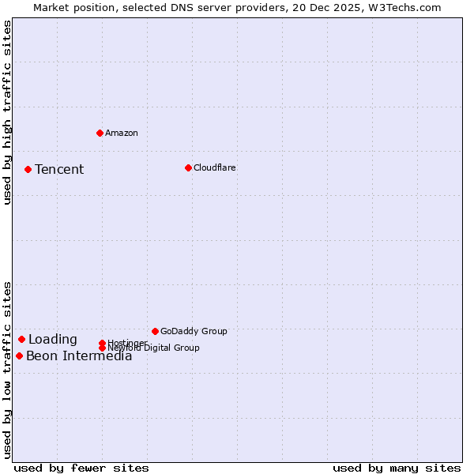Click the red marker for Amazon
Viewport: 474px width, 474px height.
100,133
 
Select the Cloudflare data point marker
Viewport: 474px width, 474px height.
188,167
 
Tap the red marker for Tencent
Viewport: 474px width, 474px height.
28,169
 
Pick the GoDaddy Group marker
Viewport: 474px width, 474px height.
155,331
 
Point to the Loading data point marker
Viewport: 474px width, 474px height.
21,339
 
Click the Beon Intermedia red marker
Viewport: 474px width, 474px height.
19,355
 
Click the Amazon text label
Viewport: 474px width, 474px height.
122,133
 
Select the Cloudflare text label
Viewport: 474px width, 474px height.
215,167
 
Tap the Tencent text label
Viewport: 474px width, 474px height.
59,169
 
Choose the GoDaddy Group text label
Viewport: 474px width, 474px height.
194,331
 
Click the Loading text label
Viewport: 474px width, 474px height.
53,340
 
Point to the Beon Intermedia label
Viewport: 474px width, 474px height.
79,356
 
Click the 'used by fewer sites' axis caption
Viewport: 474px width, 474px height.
81,468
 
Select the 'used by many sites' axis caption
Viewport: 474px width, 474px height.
397,468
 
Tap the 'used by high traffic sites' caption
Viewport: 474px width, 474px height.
7,112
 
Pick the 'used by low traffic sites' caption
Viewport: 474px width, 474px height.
7,370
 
